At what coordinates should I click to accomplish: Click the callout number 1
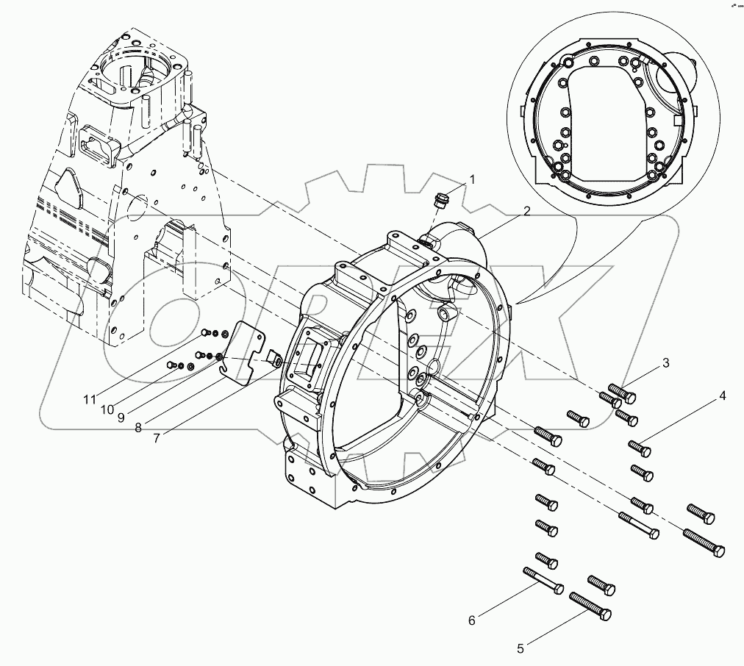pyautogui.click(x=472, y=179)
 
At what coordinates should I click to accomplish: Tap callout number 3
pyautogui.click(x=665, y=362)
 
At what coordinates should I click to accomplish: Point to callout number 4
pyautogui.click(x=723, y=395)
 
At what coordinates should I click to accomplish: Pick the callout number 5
pyautogui.click(x=521, y=648)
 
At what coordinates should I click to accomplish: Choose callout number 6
pyautogui.click(x=472, y=620)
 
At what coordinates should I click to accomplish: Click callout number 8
pyautogui.click(x=138, y=426)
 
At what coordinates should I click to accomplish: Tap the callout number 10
pyautogui.click(x=107, y=408)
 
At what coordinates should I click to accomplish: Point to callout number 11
pyautogui.click(x=89, y=399)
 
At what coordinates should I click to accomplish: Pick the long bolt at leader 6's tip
pyautogui.click(x=542, y=580)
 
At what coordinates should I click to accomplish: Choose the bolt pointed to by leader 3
pyautogui.click(x=622, y=394)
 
